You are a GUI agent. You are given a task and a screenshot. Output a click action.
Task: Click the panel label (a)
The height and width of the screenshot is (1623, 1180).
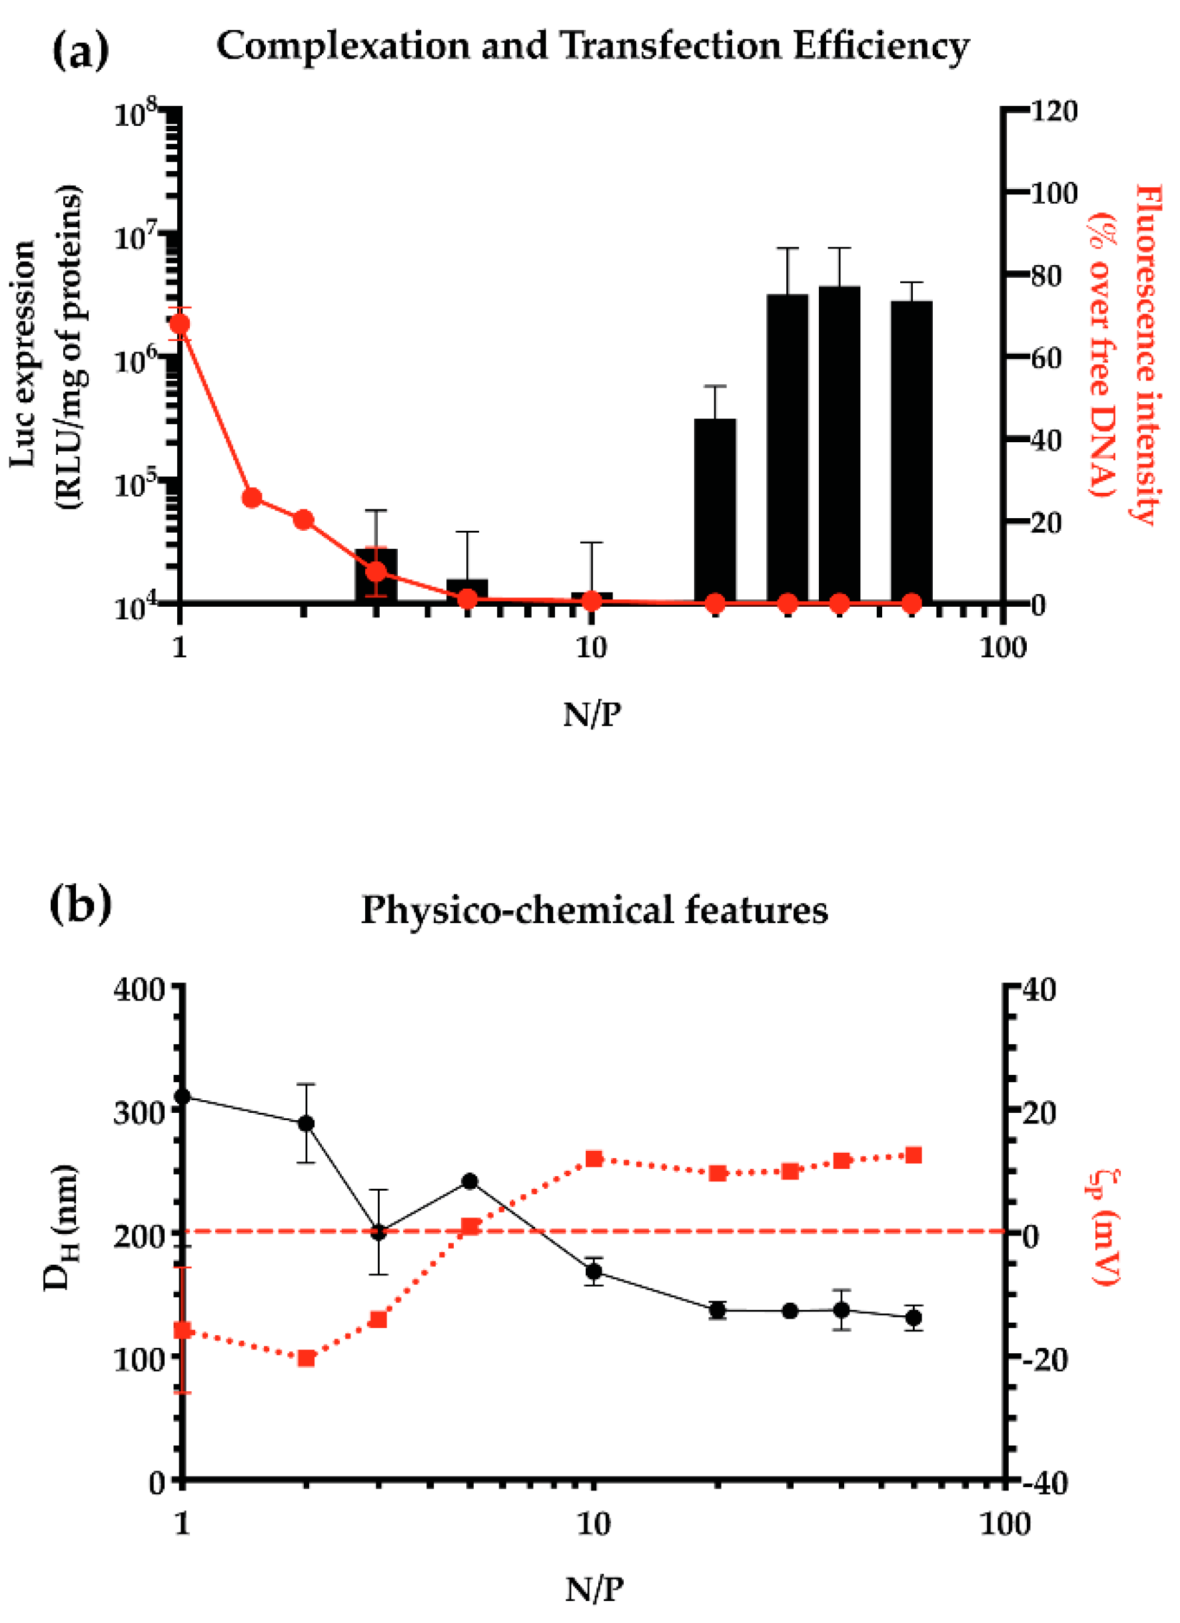(x=80, y=50)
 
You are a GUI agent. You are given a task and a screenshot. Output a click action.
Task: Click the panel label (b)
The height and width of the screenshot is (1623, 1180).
(x=80, y=905)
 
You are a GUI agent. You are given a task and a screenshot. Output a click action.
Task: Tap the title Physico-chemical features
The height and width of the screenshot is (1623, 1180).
(x=594, y=911)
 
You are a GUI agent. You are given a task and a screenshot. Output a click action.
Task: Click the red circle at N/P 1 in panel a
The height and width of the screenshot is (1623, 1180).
(x=180, y=324)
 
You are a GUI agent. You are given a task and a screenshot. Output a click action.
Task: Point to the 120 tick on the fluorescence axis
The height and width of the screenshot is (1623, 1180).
(x=1053, y=112)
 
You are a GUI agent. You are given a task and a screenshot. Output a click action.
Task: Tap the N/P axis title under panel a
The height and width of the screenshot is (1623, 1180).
(x=592, y=714)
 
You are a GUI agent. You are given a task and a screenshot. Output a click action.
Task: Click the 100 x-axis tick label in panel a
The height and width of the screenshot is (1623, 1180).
(x=1001, y=647)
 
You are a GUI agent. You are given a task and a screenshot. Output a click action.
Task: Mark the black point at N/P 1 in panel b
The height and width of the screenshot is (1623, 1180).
(x=183, y=1096)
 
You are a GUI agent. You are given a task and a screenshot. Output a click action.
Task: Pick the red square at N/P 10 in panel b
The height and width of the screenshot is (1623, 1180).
(x=594, y=1159)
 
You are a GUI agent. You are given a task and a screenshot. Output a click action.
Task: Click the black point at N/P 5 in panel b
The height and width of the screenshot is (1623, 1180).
(x=469, y=1181)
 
